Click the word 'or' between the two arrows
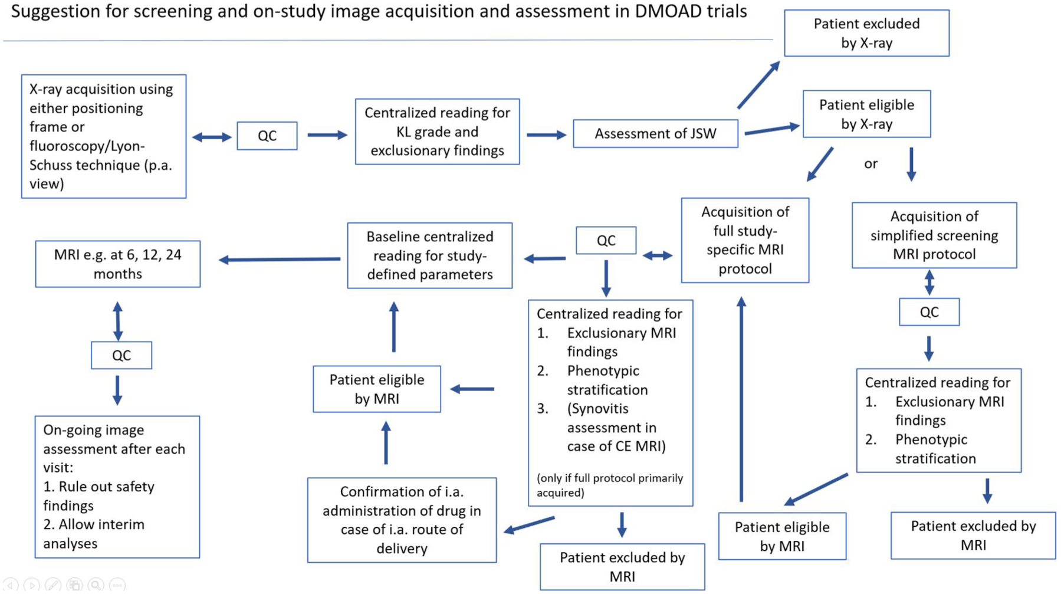click(871, 164)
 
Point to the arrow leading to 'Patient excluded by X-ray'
click(759, 85)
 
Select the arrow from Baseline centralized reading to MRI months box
click(280, 259)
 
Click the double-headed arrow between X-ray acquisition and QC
click(212, 137)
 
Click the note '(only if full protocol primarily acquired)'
click(610, 485)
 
